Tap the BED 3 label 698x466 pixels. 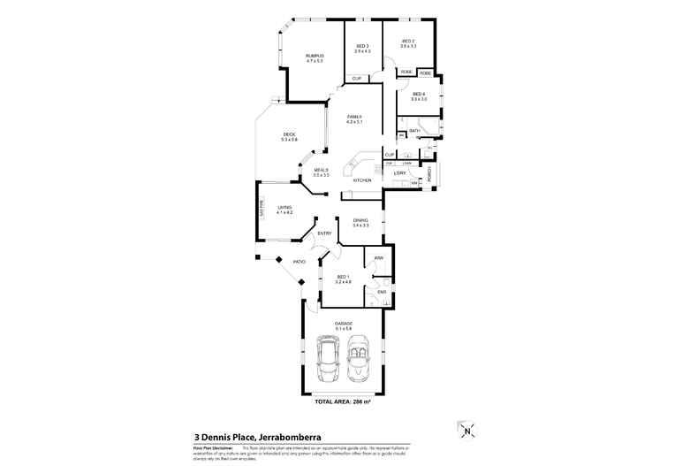coord(362,48)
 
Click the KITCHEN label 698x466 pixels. coord(363,180)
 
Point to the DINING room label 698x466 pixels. coord(360,222)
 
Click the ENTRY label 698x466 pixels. coord(324,233)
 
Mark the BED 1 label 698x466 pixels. coord(344,279)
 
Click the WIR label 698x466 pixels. coord(378,258)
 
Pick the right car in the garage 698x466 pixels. coord(359,358)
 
